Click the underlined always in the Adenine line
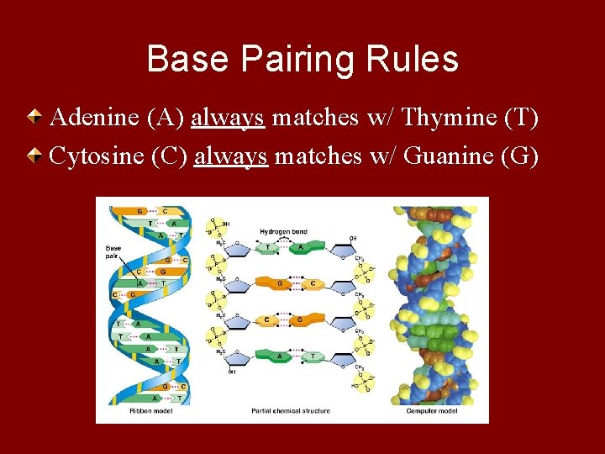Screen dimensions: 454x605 click(229, 118)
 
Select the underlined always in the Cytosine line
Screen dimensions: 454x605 click(231, 156)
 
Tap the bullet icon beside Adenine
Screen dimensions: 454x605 click(37, 117)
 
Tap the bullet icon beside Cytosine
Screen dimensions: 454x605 click(37, 156)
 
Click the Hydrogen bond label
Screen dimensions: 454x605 click(281, 231)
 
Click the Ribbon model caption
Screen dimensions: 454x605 click(148, 411)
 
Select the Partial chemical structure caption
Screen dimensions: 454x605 click(290, 411)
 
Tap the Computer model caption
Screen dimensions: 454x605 click(432, 411)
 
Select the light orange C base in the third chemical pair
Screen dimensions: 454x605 click(267, 319)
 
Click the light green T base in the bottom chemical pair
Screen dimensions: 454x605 click(313, 356)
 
